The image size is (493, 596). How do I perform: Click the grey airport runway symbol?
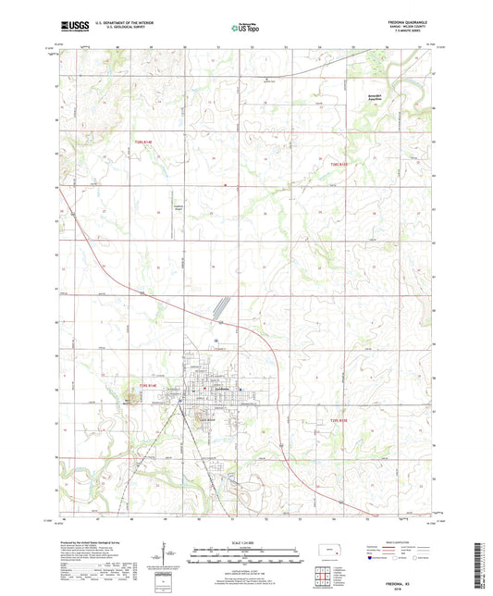click(220, 306)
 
